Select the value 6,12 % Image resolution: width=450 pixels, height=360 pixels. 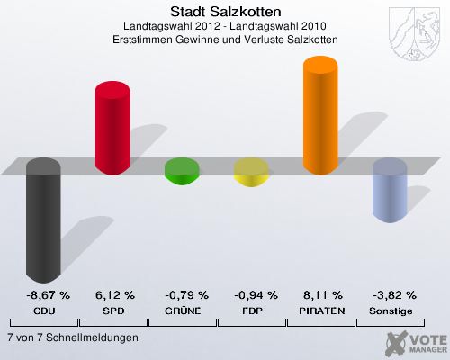pyautogui.click(x=114, y=294)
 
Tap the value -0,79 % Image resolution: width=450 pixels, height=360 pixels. pyautogui.click(x=185, y=294)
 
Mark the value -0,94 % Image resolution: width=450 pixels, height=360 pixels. pyautogui.click(x=255, y=294)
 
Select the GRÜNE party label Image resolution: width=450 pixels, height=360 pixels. pyautogui.click(x=185, y=310)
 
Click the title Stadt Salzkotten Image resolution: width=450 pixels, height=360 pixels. pyautogui.click(x=225, y=12)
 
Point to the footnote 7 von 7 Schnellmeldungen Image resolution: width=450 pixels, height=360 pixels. pyautogui.click(x=72, y=337)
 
